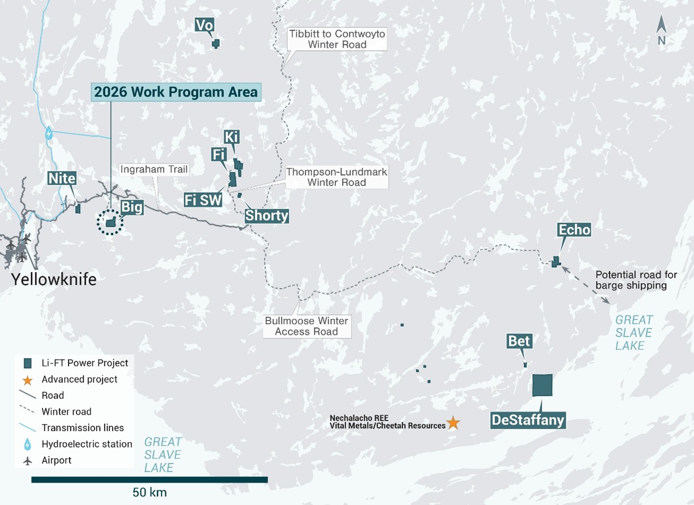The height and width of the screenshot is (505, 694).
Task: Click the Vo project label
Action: click(205, 25)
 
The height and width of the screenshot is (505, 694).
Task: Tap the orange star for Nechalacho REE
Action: click(453, 422)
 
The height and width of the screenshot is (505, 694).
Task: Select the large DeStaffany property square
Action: click(542, 385)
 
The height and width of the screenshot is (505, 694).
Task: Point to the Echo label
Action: click(574, 230)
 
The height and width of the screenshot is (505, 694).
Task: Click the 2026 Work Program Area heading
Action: click(176, 92)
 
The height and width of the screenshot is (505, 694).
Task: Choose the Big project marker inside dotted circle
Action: click(111, 222)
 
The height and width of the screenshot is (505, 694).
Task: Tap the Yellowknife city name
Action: click(54, 279)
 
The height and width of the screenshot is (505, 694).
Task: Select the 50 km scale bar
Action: click(149, 480)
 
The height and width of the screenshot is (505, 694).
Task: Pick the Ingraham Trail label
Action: click(154, 169)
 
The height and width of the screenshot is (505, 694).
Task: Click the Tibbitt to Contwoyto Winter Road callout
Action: click(337, 39)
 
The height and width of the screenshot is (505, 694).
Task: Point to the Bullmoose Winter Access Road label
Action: click(306, 326)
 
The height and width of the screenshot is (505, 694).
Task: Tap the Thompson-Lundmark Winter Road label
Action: click(337, 177)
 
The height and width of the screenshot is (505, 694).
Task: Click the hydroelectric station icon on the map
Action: click(49, 133)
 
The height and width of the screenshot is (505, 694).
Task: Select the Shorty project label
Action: click(267, 216)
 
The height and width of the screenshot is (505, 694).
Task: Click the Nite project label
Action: click(62, 178)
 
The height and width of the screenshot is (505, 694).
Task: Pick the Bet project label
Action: click(519, 341)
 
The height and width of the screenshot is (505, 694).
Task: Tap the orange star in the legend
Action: click(28, 380)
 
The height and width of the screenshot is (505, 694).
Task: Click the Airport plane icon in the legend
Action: click(28, 461)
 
